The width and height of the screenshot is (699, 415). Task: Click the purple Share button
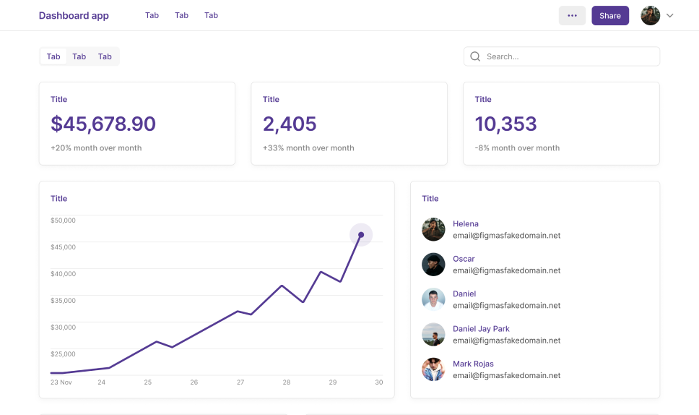(610, 16)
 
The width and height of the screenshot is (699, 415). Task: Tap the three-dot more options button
(572, 16)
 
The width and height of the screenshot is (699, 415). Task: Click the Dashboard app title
(74, 16)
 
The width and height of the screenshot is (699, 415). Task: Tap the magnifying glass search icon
(475, 56)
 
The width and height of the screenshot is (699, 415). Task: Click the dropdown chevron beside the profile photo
(669, 16)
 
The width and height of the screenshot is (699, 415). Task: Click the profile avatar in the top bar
(650, 16)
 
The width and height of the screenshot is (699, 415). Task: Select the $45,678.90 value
(103, 124)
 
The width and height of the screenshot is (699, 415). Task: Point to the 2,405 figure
(290, 124)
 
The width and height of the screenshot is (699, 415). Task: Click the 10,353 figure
(505, 124)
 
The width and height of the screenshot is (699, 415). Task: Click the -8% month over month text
(517, 148)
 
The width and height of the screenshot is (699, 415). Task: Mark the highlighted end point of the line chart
(361, 234)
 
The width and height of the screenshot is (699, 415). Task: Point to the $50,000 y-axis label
(63, 221)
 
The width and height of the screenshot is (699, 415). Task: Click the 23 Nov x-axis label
(61, 382)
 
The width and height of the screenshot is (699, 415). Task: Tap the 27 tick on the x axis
(240, 382)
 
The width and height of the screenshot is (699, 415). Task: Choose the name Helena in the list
(466, 224)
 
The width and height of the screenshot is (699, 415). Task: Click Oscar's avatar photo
(433, 265)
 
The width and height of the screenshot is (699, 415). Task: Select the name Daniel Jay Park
(481, 329)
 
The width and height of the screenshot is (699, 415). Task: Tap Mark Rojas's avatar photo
(433, 369)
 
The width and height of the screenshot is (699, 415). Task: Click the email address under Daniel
(506, 306)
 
